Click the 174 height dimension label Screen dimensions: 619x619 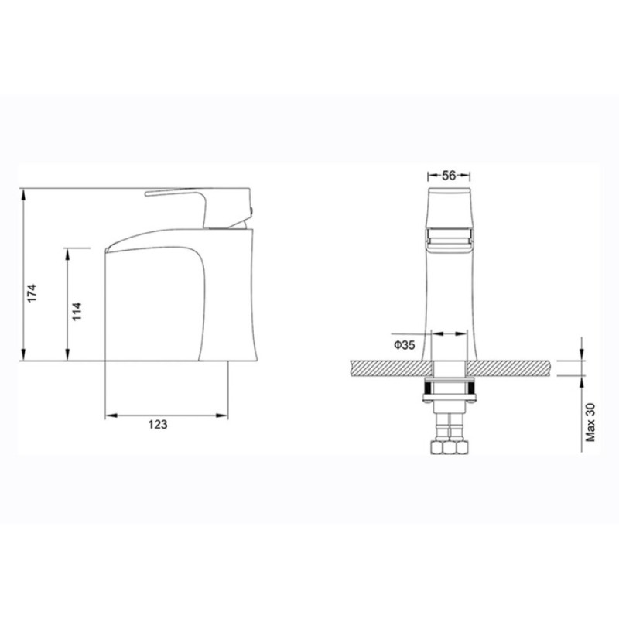pyautogui.click(x=32, y=293)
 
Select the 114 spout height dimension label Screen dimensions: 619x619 pyautogui.click(x=77, y=311)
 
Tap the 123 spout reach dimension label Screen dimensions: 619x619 pyautogui.click(x=158, y=424)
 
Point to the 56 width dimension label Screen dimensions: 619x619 pyautogui.click(x=449, y=176)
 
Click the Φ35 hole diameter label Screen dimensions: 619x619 pyautogui.click(x=405, y=345)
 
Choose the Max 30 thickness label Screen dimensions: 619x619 pyautogui.click(x=590, y=422)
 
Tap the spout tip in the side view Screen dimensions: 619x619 pyautogui.click(x=108, y=250)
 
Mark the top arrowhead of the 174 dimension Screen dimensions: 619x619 pyautogui.click(x=24, y=195)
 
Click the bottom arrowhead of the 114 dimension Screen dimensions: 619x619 pyautogui.click(x=67, y=354)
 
